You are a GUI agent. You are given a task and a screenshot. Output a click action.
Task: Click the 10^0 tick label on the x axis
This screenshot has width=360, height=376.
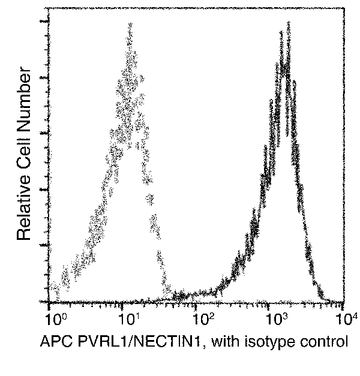[53, 316]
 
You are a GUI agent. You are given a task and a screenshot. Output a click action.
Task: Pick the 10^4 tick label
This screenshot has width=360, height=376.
[344, 316]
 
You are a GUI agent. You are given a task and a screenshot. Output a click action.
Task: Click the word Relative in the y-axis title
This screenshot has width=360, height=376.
[23, 204]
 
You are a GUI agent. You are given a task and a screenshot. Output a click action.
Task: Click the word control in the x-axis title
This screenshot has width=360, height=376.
[321, 342]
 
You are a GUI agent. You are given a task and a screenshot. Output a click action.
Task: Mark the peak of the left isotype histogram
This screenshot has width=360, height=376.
[128, 24]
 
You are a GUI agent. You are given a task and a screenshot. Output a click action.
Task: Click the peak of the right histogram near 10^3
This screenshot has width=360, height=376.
[288, 23]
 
